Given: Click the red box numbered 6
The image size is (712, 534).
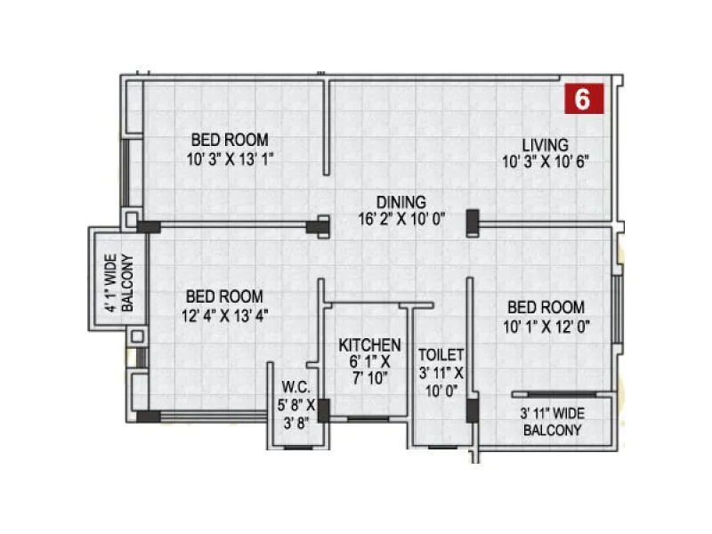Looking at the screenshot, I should coord(583,99).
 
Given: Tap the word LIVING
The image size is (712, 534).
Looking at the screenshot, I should coord(545,145).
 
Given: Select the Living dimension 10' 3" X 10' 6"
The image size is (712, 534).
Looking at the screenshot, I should coord(545,161).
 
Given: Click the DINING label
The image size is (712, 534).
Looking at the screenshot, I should coord(400,201).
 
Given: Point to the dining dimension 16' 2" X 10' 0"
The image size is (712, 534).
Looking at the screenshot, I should coord(400,217).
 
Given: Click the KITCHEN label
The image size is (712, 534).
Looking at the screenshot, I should coord(369,344).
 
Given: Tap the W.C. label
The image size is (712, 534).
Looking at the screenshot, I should coord(295,387).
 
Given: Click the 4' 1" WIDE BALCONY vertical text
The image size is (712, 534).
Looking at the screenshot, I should coord(118,283).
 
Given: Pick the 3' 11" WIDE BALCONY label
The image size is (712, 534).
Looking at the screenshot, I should coord(551,422).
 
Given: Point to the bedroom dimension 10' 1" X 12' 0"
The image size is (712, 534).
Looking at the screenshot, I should coord(546,326).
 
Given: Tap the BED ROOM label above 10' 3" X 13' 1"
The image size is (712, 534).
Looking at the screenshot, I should coord(230,141).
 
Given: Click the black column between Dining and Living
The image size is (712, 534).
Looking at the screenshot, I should coord(472,222).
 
